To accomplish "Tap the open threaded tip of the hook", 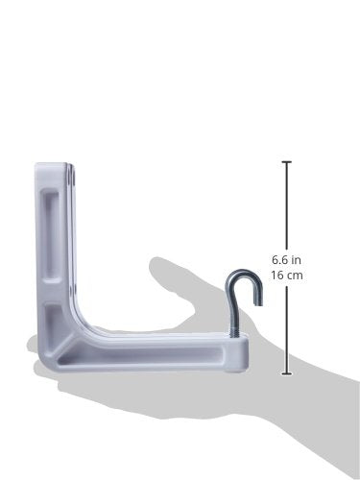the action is click(x=258, y=300).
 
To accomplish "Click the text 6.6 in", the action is click(x=286, y=259).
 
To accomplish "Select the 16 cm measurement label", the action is click(x=287, y=275).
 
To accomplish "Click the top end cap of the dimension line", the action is click(x=286, y=162).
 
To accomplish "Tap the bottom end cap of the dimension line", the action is click(x=286, y=373).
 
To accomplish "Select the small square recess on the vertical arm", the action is click(x=52, y=317).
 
